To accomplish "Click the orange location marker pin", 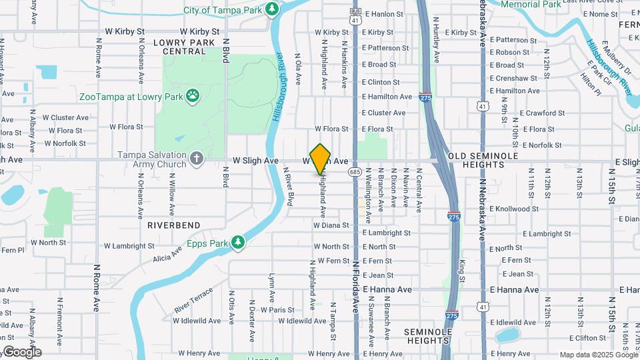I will [x=321, y=159].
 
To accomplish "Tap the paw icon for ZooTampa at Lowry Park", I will [x=193, y=96].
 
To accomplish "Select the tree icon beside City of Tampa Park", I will [x=271, y=9].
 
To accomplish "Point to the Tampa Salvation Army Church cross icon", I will [x=196, y=159].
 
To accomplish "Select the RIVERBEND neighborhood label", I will [x=174, y=225].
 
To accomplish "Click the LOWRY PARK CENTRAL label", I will [x=179, y=47].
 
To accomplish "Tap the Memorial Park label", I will [x=531, y=4].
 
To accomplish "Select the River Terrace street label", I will [x=193, y=301].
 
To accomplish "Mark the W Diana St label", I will [x=331, y=225].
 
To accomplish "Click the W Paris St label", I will [x=277, y=310].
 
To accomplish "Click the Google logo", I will [x=22, y=352].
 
